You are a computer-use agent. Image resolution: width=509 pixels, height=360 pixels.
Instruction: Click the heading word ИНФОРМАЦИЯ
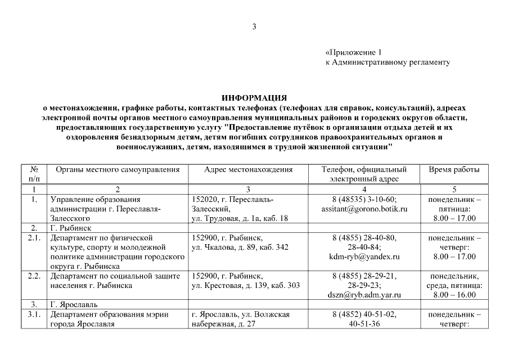[254, 97]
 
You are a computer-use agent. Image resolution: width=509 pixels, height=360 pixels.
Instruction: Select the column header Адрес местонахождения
[248, 169]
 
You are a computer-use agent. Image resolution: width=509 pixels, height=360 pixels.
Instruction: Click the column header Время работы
[454, 169]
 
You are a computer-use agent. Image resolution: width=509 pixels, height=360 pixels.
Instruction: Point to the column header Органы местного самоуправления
[118, 169]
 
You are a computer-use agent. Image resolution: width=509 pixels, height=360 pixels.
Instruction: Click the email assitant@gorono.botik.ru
[364, 209]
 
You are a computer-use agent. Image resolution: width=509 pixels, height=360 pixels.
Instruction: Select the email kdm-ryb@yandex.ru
[364, 256]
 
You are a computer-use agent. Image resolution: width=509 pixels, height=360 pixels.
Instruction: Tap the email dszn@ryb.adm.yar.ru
[364, 294]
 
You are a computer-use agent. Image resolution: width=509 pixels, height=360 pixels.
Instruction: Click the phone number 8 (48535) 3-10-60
[364, 199]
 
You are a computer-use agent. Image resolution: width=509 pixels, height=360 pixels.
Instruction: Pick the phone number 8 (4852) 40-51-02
[364, 314]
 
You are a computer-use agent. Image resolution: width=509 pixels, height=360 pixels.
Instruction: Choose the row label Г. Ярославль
[73, 304]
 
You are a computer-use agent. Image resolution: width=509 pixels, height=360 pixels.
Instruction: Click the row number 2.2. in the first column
[34, 276]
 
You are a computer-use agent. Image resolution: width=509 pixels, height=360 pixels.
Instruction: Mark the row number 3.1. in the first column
[34, 314]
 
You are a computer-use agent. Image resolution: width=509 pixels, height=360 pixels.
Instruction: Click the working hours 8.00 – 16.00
[454, 294]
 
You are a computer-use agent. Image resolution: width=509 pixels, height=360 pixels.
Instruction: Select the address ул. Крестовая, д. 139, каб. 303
[246, 285]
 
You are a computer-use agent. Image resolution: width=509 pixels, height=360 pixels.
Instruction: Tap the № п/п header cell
[34, 174]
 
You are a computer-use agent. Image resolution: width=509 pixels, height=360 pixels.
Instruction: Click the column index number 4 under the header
[364, 189]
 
